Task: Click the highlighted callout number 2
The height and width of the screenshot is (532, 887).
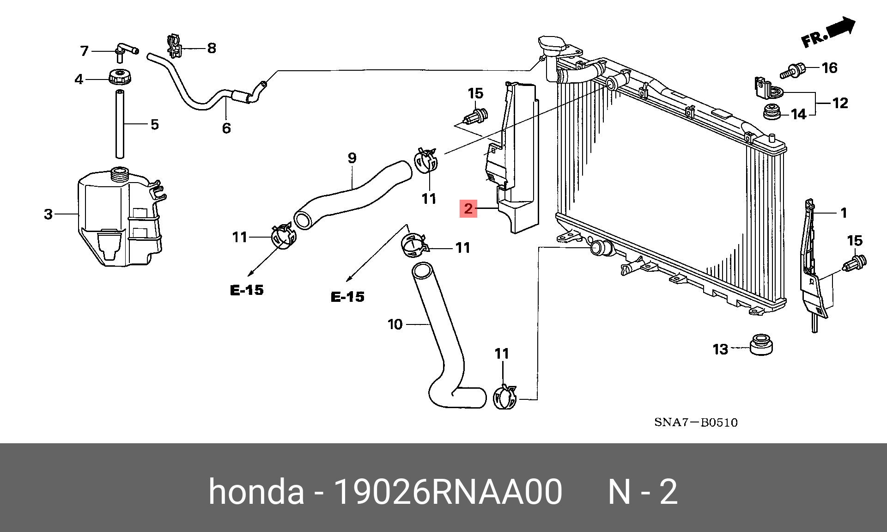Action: [468, 208]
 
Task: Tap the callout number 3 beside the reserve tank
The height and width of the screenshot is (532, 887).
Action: [49, 214]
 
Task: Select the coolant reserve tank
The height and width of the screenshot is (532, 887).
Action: [121, 217]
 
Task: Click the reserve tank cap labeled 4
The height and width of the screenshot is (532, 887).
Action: [120, 77]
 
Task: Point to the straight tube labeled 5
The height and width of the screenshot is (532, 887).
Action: [120, 124]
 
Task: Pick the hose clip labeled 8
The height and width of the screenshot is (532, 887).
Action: [175, 45]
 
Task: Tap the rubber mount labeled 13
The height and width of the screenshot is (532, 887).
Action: [761, 344]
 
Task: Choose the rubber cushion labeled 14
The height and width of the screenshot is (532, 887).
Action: [772, 112]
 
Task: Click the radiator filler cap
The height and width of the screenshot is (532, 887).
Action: [552, 45]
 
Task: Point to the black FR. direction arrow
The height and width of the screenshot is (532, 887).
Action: [841, 28]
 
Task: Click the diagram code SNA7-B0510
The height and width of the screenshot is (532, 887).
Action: [696, 422]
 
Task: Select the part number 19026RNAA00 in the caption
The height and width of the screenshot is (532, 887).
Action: [447, 491]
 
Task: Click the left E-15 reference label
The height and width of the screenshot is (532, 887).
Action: [247, 290]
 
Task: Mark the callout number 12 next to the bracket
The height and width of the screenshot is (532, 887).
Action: [840, 103]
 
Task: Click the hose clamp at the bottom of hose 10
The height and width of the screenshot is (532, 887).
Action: [505, 397]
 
